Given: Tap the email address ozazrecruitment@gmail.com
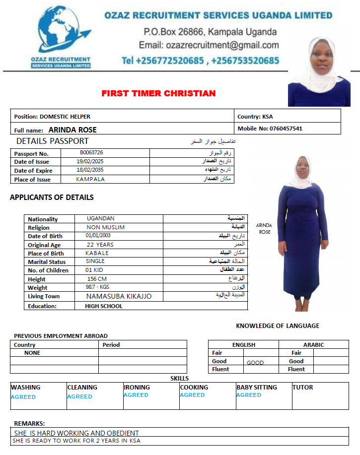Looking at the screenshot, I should click(209, 45).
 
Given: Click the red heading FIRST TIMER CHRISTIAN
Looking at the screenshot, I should click(158, 93).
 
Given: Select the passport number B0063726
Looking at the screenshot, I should click(91, 153).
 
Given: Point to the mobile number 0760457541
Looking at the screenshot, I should click(286, 129).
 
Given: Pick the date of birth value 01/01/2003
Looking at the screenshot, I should click(98, 236).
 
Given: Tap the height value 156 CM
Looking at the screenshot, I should click(97, 279).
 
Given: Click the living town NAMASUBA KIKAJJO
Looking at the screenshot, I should click(119, 296).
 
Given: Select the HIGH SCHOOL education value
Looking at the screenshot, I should click(104, 306).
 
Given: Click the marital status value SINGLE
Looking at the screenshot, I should click(95, 261).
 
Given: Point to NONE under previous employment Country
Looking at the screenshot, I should click(32, 353).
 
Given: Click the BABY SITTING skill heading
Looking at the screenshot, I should click(257, 388).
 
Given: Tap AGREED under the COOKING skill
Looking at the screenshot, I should click(192, 395).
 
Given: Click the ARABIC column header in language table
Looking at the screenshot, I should click(313, 345).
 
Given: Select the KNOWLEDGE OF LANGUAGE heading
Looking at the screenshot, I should click(278, 326).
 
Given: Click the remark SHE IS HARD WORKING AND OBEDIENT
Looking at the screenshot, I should click(76, 433).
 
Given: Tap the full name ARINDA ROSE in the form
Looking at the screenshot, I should click(72, 130).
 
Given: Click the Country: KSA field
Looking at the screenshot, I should click(255, 117).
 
